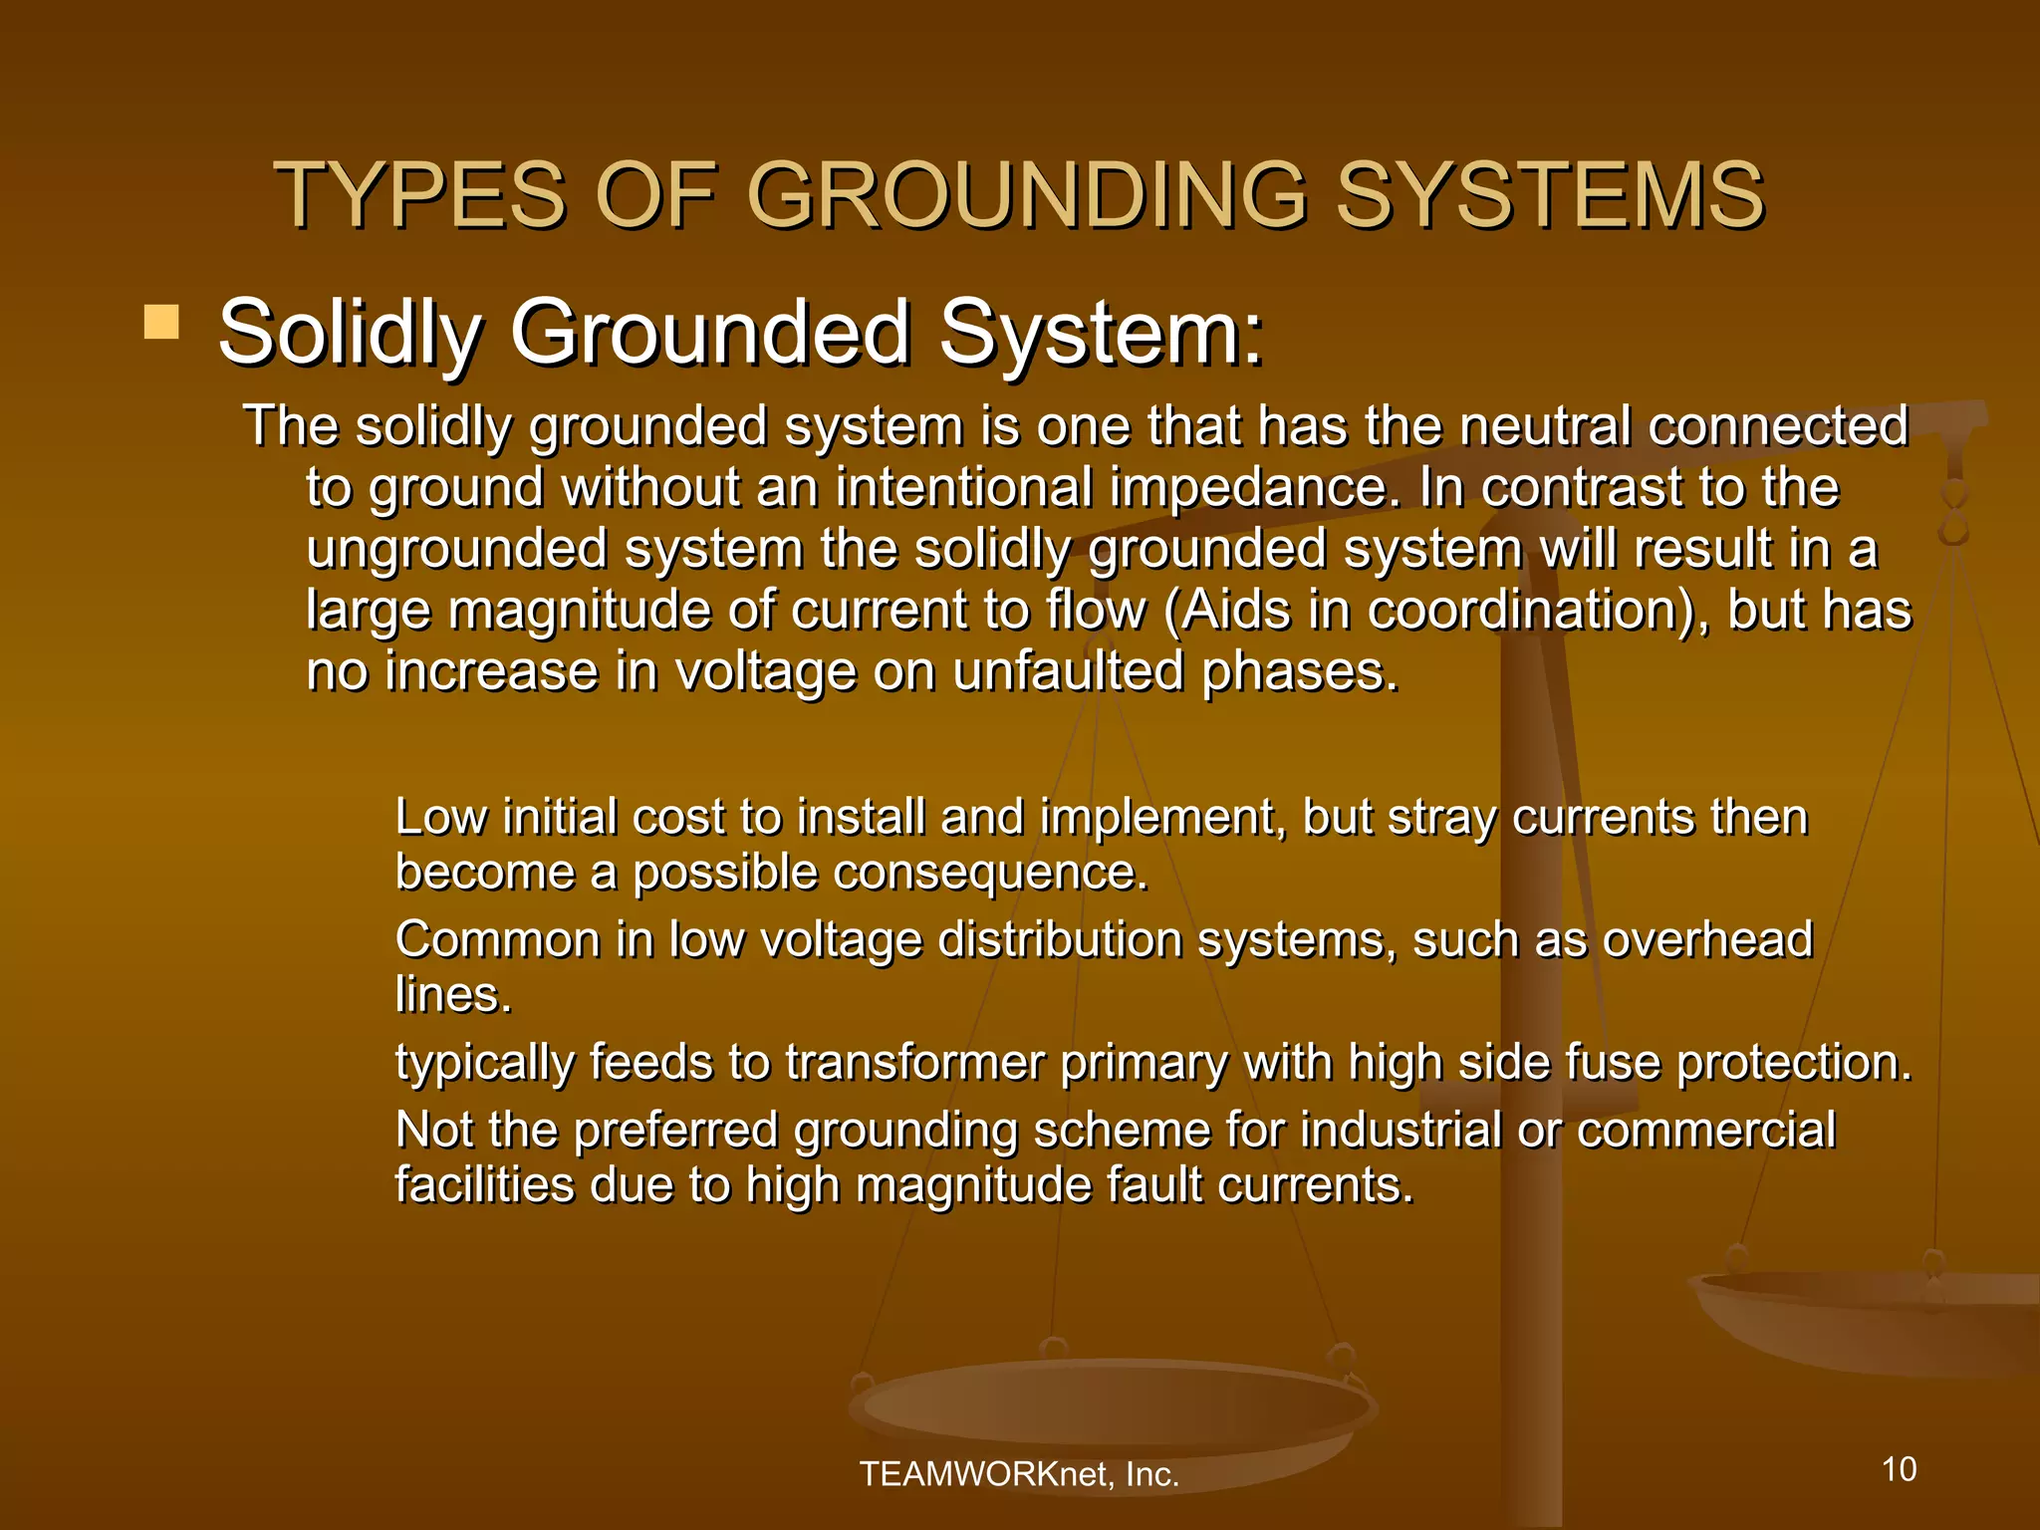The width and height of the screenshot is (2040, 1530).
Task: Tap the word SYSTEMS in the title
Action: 1550,195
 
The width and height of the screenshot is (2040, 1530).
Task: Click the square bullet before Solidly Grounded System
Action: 161,323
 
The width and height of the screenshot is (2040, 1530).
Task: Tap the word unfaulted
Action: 1068,671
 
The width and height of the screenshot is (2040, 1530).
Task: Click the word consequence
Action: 990,874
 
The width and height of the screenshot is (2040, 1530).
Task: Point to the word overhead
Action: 1707,940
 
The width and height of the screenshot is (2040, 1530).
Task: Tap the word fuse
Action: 1613,1063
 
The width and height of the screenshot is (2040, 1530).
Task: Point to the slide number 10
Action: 1899,1469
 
